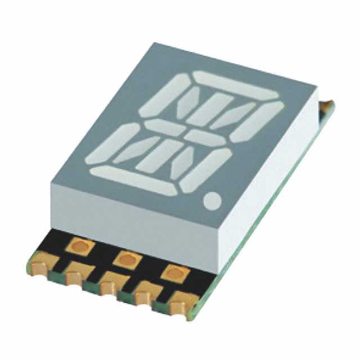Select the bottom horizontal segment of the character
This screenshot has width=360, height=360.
pyautogui.click(x=133, y=181)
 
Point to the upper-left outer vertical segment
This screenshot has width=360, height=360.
pyautogui.click(x=162, y=97)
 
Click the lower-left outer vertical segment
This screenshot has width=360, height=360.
pyautogui.click(x=112, y=144)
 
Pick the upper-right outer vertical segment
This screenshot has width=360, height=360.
pyautogui.click(x=256, y=122)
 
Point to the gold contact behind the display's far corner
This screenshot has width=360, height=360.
pyautogui.click(x=327, y=107)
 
